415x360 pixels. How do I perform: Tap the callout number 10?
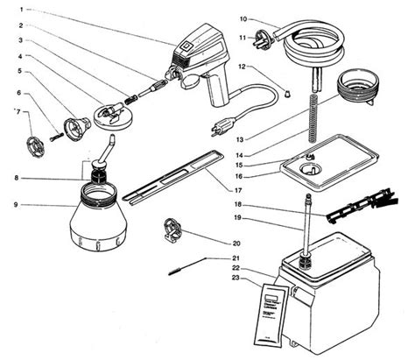[x=243, y=18]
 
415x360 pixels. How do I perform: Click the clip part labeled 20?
[x=173, y=230]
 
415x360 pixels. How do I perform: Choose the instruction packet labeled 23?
[x=272, y=312]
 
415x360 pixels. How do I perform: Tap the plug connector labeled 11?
[x=263, y=39]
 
